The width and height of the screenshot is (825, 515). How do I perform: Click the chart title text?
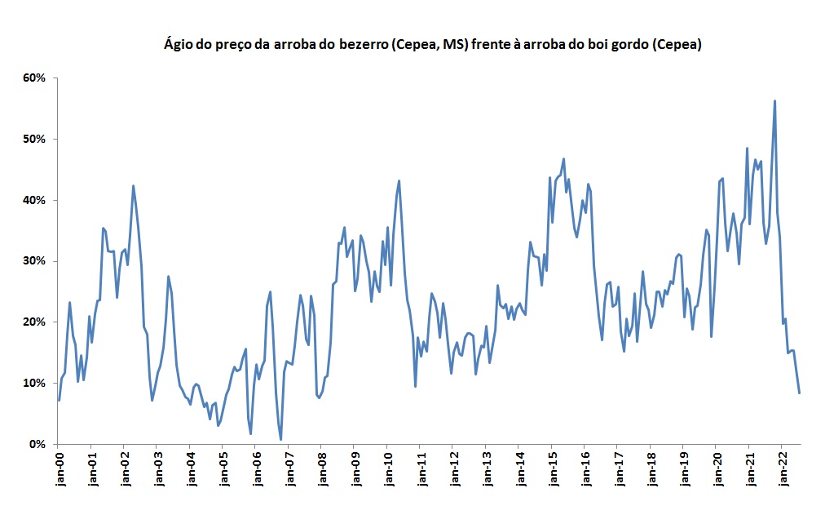(x=433, y=45)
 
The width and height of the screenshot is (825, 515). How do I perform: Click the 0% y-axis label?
(x=37, y=444)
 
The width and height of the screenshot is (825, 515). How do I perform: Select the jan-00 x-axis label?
(x=58, y=468)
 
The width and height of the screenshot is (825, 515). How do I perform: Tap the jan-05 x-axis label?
(x=223, y=468)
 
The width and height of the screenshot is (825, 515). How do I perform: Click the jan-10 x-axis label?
(x=386, y=468)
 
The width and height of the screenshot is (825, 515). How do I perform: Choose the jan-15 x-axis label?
(x=551, y=468)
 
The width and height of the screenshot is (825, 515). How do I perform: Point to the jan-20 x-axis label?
(x=716, y=468)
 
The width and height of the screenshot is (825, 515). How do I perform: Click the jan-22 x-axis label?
(x=782, y=468)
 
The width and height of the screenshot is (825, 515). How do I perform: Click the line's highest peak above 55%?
(x=774, y=101)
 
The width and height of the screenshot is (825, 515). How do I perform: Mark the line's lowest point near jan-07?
(x=281, y=440)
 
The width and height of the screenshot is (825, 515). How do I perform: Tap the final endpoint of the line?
(x=800, y=393)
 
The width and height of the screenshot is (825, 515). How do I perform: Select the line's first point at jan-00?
(x=59, y=400)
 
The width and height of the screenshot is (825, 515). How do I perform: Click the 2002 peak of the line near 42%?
(x=133, y=186)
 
